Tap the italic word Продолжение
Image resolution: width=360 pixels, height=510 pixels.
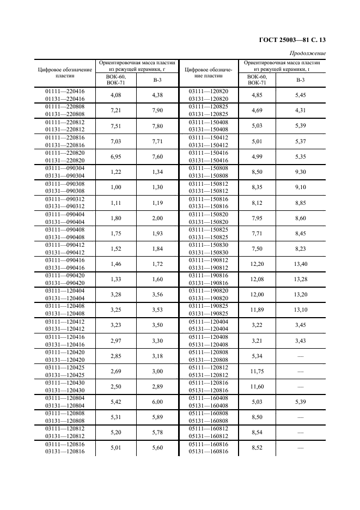coord(308,53)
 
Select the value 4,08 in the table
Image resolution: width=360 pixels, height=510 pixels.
coord(115,95)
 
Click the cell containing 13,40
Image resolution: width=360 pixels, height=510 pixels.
coord(301,265)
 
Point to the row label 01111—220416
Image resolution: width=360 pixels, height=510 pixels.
coord(64,91)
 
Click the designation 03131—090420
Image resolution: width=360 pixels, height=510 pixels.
coord(64,283)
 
